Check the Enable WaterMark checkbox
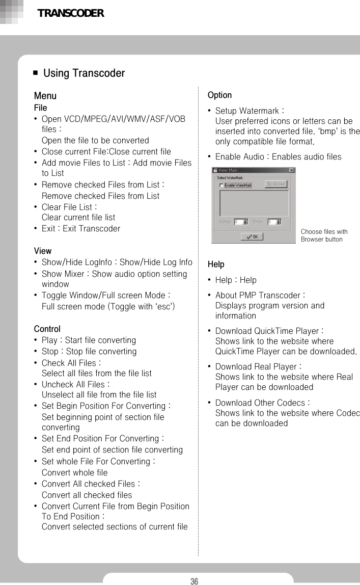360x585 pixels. coord(221,185)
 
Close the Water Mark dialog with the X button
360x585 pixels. coord(291,170)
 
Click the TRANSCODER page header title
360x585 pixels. coord(71,13)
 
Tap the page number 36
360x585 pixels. coord(194,581)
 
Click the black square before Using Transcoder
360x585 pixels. coord(35,73)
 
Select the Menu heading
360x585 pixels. coord(45,96)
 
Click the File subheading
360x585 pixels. coord(40,108)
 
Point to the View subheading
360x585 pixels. coord(42,251)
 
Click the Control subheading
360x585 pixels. coord(47,329)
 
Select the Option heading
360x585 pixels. coord(219,95)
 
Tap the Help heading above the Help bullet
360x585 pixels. coord(216,264)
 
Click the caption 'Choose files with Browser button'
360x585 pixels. coord(324,235)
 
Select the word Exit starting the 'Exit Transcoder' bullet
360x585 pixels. coord(48,229)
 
